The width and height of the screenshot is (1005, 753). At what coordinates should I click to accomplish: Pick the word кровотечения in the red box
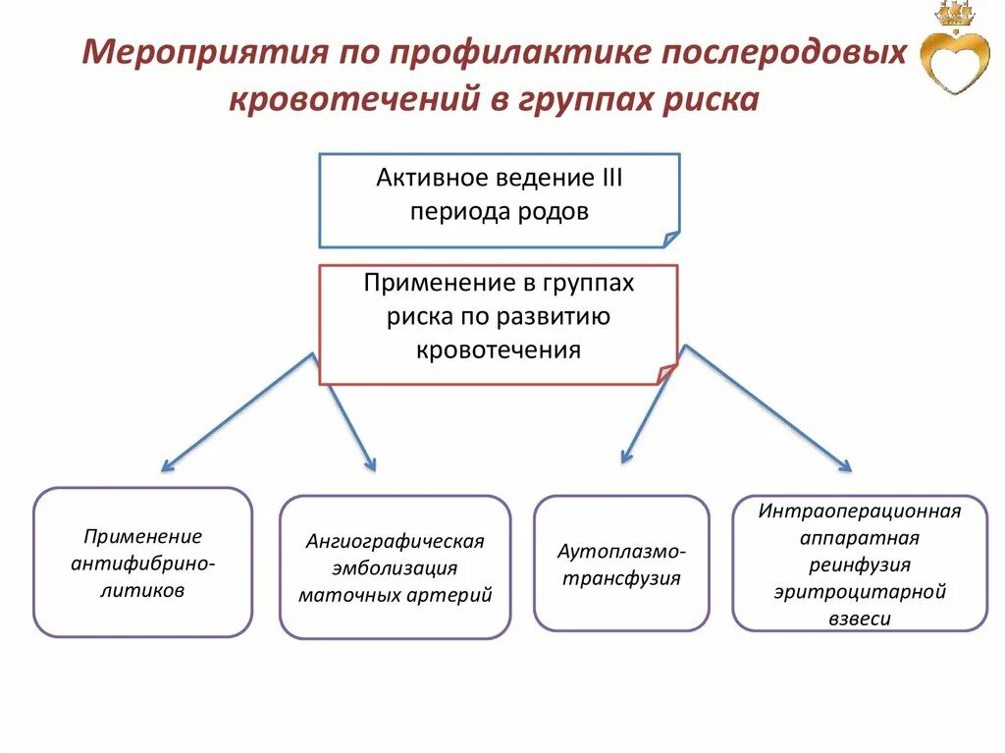499,350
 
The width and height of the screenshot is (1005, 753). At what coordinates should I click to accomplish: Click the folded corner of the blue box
670,239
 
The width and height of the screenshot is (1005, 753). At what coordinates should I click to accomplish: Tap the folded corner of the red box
666,374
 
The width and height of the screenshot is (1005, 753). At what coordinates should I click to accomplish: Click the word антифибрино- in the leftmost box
143,564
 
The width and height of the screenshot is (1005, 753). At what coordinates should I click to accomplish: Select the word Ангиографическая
395,541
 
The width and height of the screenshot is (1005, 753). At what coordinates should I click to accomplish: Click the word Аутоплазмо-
621,551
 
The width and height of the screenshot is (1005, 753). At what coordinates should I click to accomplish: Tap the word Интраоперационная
859,511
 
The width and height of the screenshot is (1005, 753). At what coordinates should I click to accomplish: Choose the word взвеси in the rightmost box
859,619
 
